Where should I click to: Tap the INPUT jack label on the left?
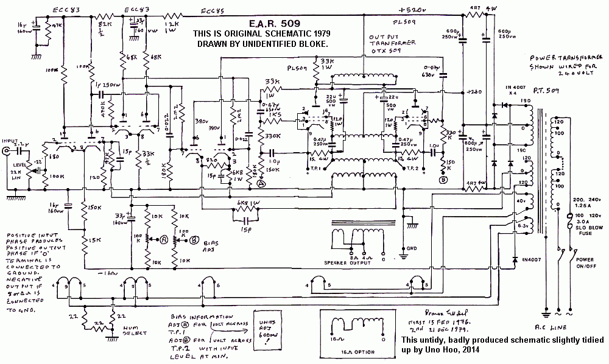click(10, 140)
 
